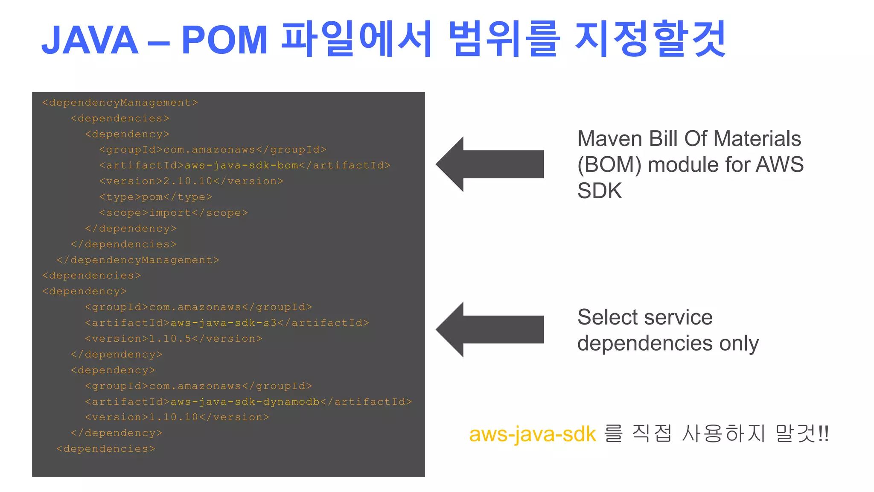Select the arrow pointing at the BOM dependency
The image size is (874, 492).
point(489,164)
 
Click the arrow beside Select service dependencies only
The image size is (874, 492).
point(489,329)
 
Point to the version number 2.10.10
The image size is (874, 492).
point(188,181)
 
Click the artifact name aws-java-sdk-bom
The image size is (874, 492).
point(241,165)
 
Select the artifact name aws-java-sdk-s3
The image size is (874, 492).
point(224,323)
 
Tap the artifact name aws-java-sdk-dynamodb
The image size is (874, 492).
point(245,402)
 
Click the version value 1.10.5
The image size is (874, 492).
point(170,339)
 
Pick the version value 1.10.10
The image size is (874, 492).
point(174,417)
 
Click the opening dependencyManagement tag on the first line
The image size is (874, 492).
point(120,102)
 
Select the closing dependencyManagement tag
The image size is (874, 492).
point(137,260)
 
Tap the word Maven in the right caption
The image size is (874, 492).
point(610,139)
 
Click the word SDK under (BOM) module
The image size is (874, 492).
point(599,190)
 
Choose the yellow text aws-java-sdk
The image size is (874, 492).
point(532,434)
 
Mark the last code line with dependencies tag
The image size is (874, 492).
point(106,449)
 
